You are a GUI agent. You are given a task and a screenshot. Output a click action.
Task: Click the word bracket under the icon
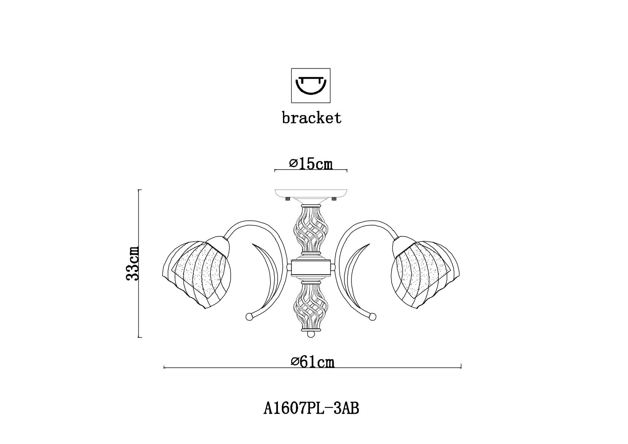tap(311, 118)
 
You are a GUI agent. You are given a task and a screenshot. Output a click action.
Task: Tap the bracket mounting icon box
tap(311, 85)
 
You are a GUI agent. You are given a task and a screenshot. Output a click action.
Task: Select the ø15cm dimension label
tap(311, 164)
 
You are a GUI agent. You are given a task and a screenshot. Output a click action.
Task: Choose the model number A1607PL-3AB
tap(311, 409)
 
